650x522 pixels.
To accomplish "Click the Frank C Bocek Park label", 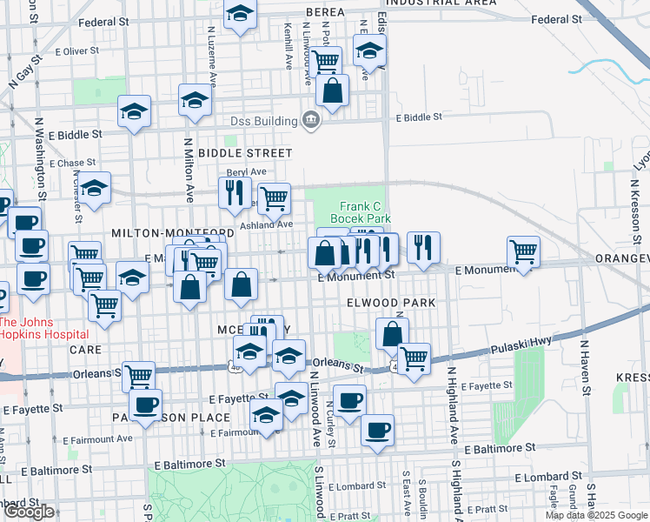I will [x=360, y=213].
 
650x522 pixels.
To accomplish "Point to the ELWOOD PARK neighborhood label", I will [x=390, y=302].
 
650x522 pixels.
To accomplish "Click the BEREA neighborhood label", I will [x=326, y=12].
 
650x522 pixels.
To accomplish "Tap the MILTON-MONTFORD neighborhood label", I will [x=173, y=233].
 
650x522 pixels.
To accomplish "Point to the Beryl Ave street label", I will [x=246, y=172].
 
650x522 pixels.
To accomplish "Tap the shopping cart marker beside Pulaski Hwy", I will [x=414, y=356].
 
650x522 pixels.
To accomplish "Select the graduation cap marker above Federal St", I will [x=240, y=14].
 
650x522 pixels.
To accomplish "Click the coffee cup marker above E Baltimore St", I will [x=377, y=430].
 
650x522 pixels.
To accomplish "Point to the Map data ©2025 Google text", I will [x=595, y=515].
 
